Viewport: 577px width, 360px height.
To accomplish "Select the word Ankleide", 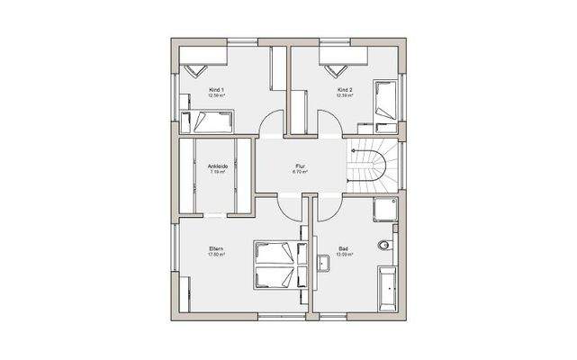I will pyautogui.click(x=217, y=166).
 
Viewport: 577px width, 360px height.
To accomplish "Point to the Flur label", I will pyautogui.click(x=301, y=166).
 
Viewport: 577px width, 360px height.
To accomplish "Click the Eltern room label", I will pyautogui.click(x=216, y=248).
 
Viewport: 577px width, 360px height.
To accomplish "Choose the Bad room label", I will pyautogui.click(x=344, y=248).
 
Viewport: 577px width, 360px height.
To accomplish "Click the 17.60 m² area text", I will pyautogui.click(x=216, y=255).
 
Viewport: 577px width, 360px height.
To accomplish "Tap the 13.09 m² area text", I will pyautogui.click(x=344, y=255).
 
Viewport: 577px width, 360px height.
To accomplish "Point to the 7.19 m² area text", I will pyautogui.click(x=217, y=172).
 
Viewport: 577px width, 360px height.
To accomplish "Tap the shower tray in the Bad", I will pyautogui.click(x=388, y=210).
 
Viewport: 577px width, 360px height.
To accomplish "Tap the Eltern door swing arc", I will pyautogui.click(x=292, y=209).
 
